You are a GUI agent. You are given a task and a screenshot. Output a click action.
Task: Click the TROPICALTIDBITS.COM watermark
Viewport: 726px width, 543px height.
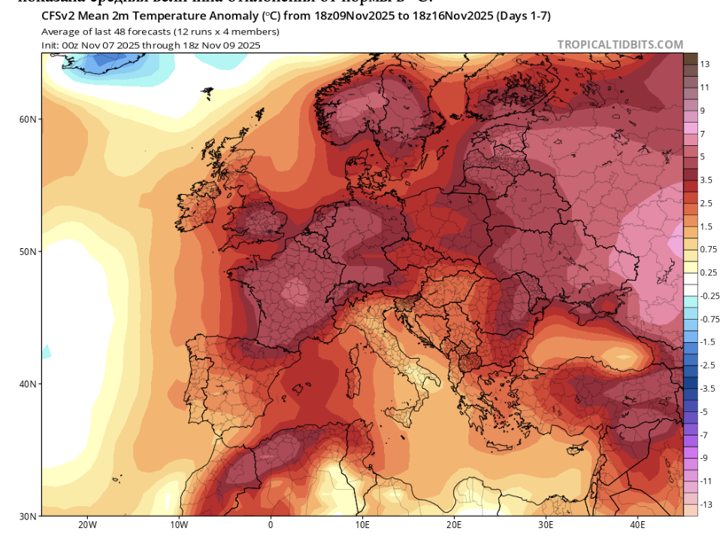(620, 45)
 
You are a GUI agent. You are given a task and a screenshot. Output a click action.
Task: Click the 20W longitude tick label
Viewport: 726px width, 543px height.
(87, 525)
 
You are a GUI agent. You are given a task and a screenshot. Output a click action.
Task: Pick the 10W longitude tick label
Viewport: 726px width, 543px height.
(179, 525)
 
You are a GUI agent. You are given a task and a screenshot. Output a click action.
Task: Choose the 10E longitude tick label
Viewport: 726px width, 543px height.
(362, 525)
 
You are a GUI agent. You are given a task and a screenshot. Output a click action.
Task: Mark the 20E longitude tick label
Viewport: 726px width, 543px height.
(454, 525)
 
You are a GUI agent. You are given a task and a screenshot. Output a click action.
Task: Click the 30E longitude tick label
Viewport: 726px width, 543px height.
(546, 525)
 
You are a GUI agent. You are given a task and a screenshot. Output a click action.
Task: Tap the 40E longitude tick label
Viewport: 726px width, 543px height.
(637, 525)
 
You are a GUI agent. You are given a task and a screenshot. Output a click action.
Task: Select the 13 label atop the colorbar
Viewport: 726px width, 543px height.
(705, 64)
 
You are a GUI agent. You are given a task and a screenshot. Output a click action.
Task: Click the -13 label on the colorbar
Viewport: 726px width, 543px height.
(706, 505)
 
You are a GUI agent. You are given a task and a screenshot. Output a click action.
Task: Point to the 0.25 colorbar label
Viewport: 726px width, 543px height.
(709, 272)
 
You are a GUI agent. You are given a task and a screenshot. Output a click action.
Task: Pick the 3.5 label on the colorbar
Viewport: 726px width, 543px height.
(707, 180)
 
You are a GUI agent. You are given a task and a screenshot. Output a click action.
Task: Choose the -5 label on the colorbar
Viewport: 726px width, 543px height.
(704, 411)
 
